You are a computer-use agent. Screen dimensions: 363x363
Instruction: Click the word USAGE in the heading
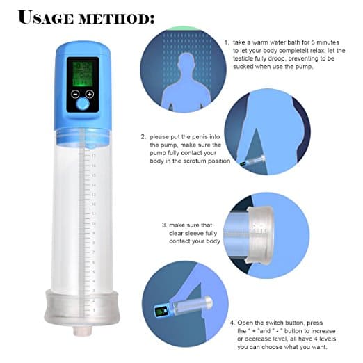pyautogui.click(x=46, y=17)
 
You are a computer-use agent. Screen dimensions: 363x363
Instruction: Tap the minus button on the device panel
pyautogui.click(x=75, y=95)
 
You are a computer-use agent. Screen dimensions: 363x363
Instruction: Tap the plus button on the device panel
pyautogui.click(x=90, y=94)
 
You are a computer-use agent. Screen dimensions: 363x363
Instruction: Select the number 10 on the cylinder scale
pyautogui.click(x=93, y=224)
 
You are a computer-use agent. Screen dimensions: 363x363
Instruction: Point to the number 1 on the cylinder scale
pyautogui.click(x=94, y=310)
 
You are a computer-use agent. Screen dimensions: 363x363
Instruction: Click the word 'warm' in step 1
pyautogui.click(x=260, y=42)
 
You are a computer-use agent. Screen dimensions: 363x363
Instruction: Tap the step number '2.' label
pyautogui.click(x=143, y=137)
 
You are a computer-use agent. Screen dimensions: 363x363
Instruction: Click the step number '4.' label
pyautogui.click(x=233, y=323)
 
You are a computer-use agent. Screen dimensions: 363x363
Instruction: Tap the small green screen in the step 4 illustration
pyautogui.click(x=160, y=312)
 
